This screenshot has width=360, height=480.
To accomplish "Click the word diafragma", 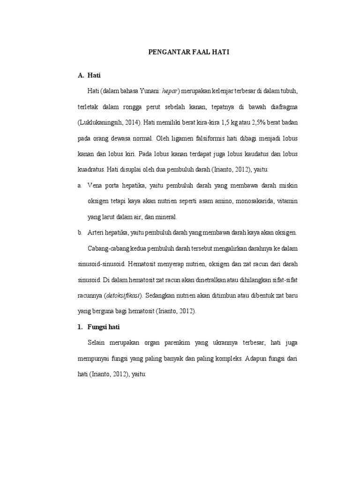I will pyautogui.click(x=281, y=107).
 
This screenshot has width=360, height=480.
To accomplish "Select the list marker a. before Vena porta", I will pyautogui.click(x=80, y=186).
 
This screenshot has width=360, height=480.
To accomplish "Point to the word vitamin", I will pyautogui.click(x=287, y=202).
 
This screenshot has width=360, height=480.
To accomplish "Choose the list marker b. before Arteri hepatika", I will pyautogui.click(x=80, y=232).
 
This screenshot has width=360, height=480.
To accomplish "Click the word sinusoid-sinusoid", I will pyautogui.click(x=101, y=264).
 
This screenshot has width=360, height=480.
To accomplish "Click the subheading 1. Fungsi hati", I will pyautogui.click(x=101, y=327).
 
